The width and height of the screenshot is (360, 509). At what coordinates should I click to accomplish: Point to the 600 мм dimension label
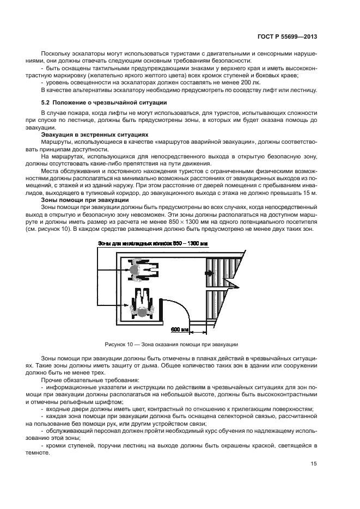tap(179, 330)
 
